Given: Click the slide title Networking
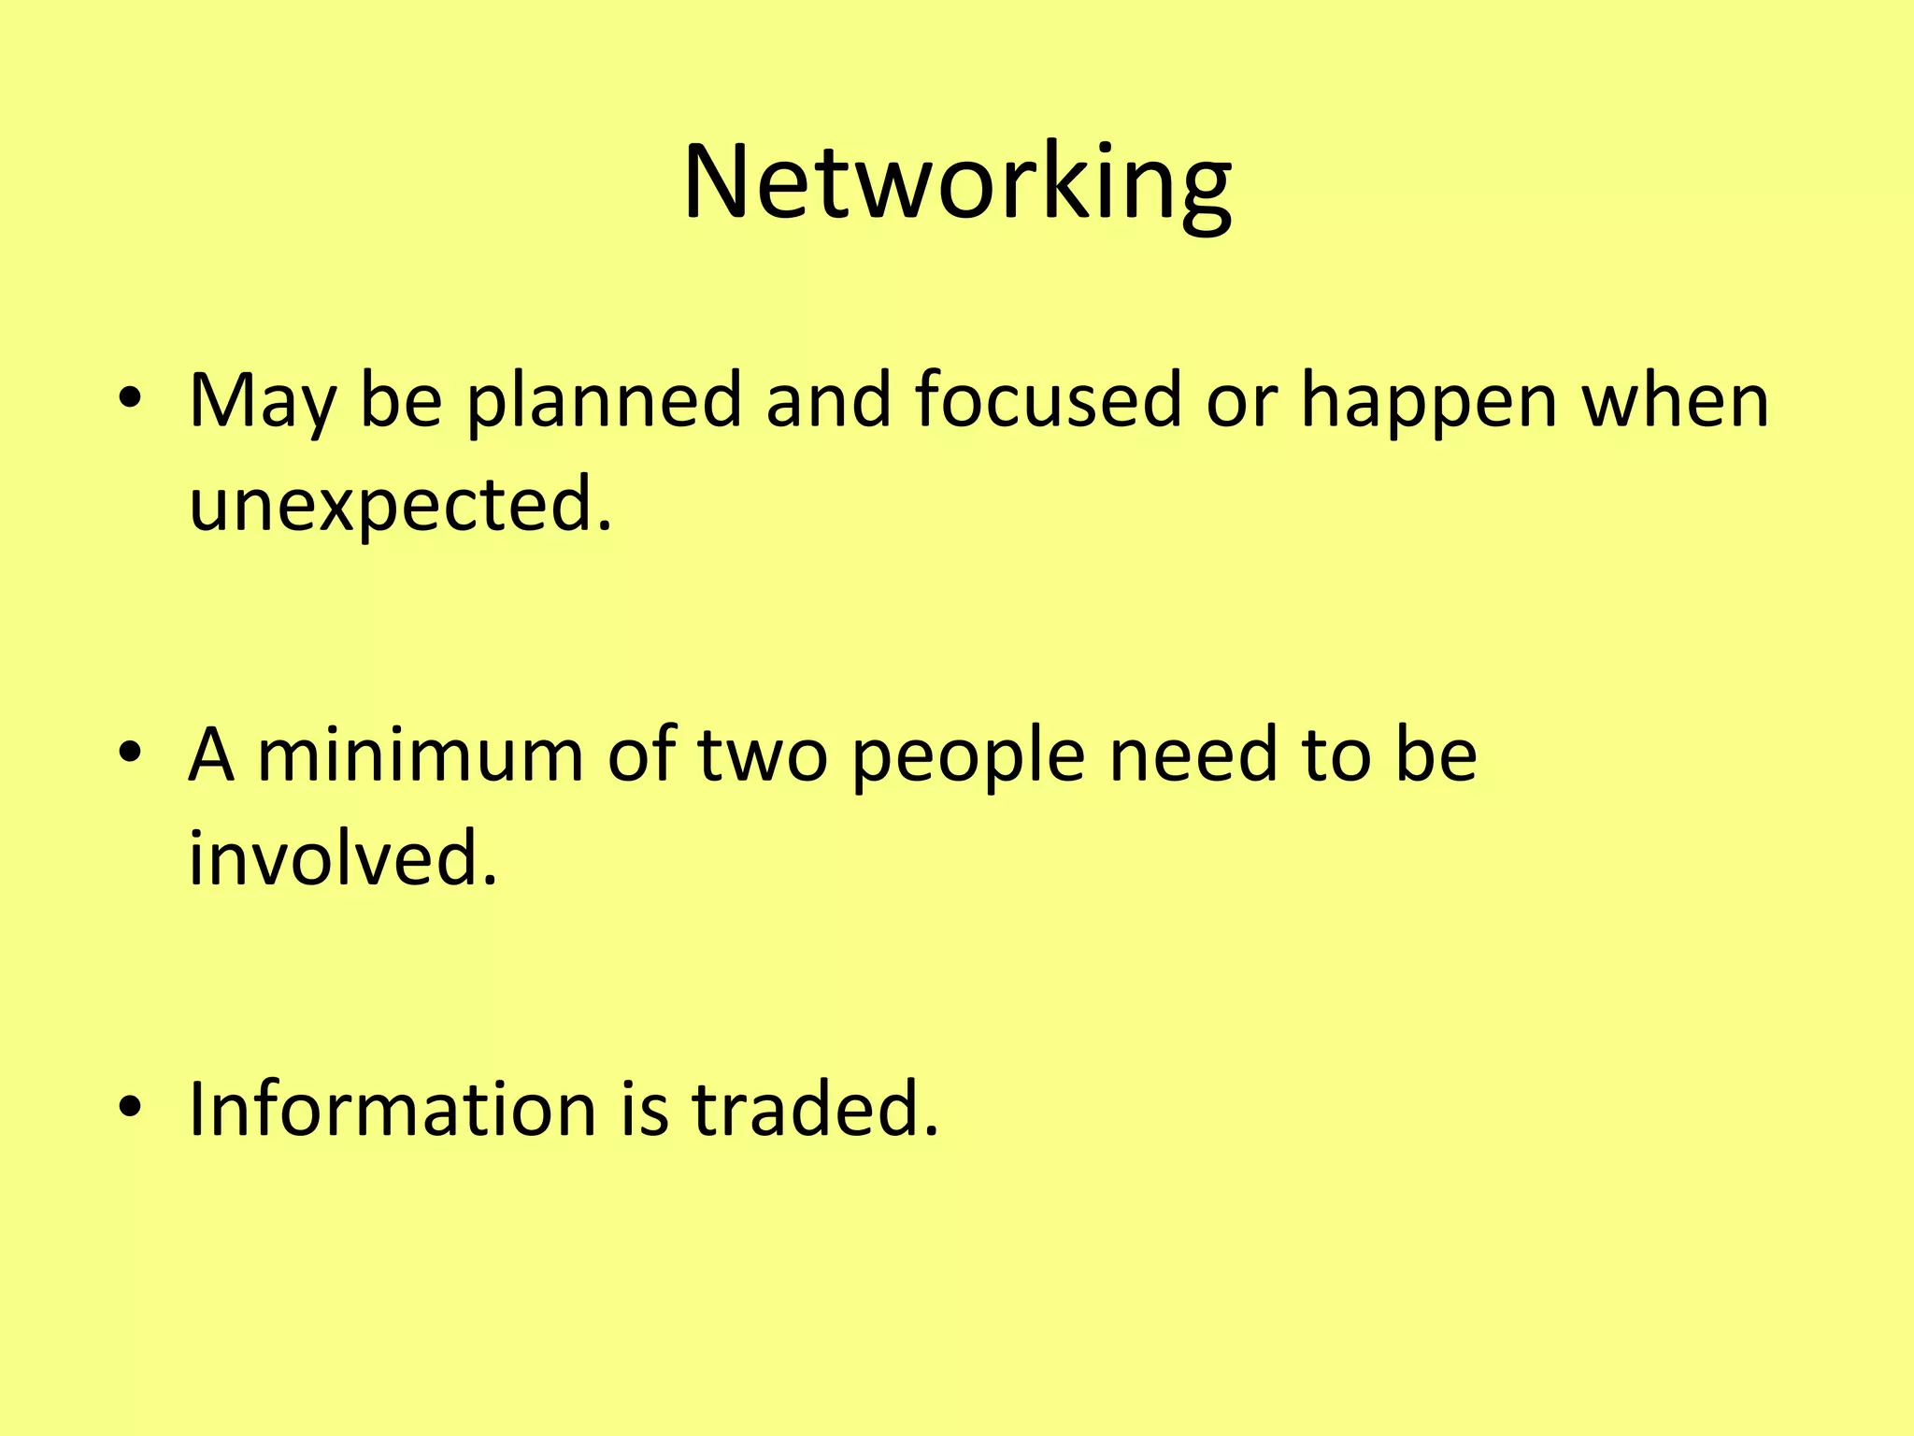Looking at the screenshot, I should (x=957, y=181).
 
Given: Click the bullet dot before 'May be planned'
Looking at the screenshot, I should (x=130, y=400).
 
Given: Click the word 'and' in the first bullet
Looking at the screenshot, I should (x=828, y=400).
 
